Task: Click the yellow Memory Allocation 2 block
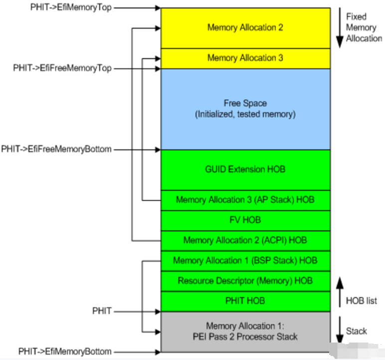pyautogui.click(x=245, y=28)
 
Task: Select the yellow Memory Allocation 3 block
pyautogui.click(x=245, y=58)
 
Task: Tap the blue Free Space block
pyautogui.click(x=245, y=109)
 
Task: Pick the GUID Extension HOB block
pyautogui.click(x=245, y=170)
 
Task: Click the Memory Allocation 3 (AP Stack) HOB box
pyautogui.click(x=245, y=200)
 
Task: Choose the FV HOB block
pyautogui.click(x=245, y=221)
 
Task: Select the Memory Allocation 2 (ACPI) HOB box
pyautogui.click(x=245, y=241)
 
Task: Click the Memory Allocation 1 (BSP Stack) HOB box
pyautogui.click(x=245, y=261)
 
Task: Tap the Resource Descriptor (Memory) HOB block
pyautogui.click(x=245, y=281)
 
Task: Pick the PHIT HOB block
pyautogui.click(x=245, y=302)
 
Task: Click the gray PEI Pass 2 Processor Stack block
pyautogui.click(x=245, y=332)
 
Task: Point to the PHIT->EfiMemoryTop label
pyautogui.click(x=71, y=7)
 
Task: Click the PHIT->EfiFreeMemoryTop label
pyautogui.click(x=62, y=68)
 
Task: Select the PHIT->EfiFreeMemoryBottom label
pyautogui.click(x=56, y=149)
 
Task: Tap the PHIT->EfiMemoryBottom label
pyautogui.click(x=65, y=352)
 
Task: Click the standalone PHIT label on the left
pyautogui.click(x=102, y=311)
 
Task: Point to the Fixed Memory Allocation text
pyautogui.click(x=364, y=27)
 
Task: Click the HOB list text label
pyautogui.click(x=362, y=301)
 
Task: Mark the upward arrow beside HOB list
pyautogui.click(x=340, y=292)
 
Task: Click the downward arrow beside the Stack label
pyautogui.click(x=340, y=330)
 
